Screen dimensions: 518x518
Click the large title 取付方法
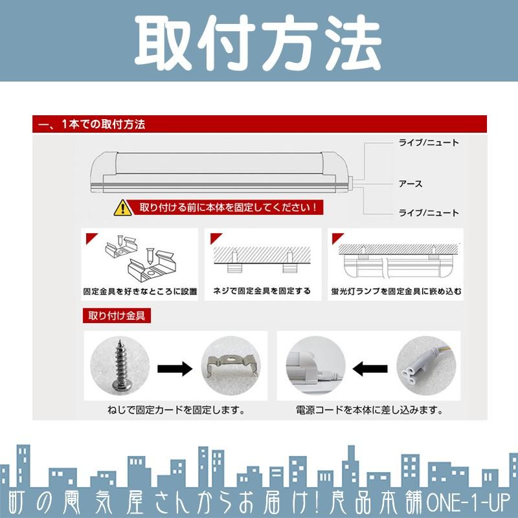259,40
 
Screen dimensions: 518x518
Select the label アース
411,184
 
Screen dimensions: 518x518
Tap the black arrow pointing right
175,369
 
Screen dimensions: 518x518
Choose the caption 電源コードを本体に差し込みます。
369,410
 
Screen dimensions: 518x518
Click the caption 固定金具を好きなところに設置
140,291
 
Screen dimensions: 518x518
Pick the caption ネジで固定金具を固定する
262,291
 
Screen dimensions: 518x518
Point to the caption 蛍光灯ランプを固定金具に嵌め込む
396,291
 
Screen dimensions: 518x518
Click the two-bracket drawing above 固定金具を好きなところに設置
139,259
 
